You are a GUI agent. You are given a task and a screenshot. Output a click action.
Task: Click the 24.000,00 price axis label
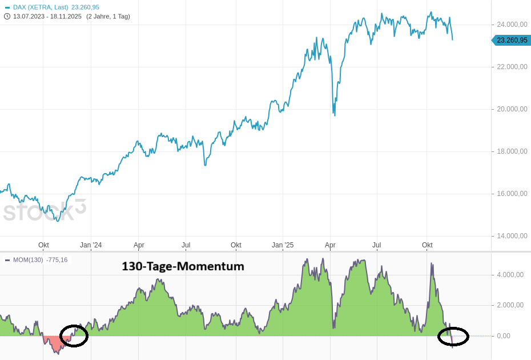512,25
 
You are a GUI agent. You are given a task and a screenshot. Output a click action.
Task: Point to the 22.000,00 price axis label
512,67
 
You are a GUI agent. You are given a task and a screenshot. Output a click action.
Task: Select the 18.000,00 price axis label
512,151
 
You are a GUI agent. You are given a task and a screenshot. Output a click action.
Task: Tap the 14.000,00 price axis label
512,236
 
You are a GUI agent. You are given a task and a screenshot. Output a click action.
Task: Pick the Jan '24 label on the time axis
91,245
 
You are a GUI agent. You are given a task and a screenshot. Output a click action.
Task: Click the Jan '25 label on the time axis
283,245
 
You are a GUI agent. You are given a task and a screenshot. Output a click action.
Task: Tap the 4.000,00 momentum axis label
510,275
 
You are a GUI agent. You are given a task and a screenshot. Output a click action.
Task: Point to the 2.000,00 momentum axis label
510,305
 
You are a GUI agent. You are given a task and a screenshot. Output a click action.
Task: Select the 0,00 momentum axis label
503,336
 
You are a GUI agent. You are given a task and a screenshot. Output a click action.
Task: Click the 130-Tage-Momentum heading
183,266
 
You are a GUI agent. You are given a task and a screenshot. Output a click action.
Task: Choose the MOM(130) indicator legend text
28,260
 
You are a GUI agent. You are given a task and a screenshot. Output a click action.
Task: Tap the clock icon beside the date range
7,16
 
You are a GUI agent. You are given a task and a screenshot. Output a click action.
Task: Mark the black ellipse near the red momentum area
74,335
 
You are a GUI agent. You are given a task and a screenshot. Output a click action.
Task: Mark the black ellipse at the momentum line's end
453,337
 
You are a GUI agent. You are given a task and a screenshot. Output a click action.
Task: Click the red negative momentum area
55,342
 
